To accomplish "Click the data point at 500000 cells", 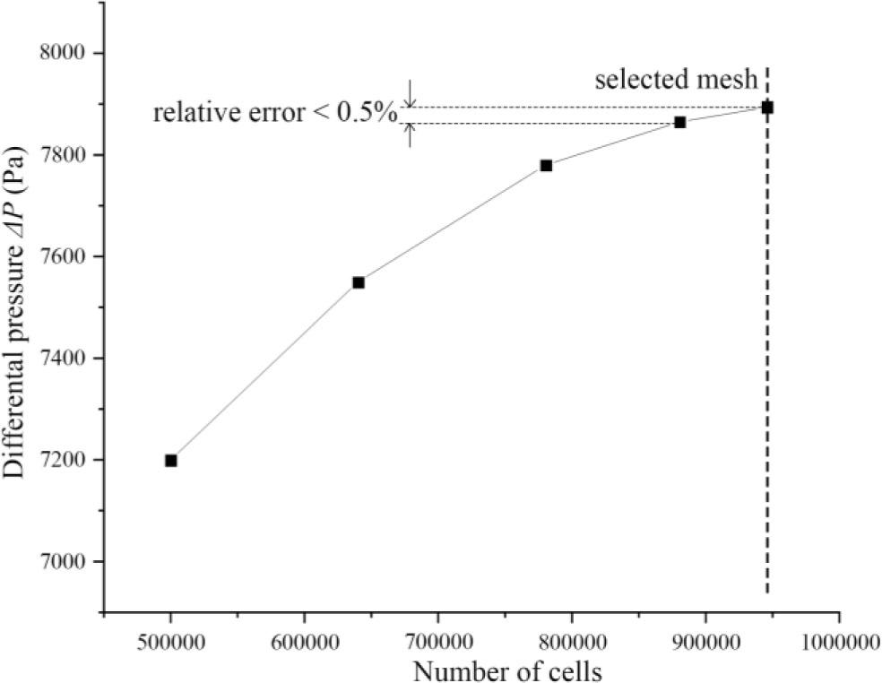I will click(170, 461).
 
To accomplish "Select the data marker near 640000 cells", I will click(359, 282).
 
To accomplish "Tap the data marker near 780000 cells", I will click(546, 165).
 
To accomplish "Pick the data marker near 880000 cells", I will click(680, 122).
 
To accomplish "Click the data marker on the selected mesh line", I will click(767, 108).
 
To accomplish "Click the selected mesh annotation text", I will click(677, 82).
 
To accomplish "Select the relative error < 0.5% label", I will click(274, 115).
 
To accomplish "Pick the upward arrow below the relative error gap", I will click(410, 134).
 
